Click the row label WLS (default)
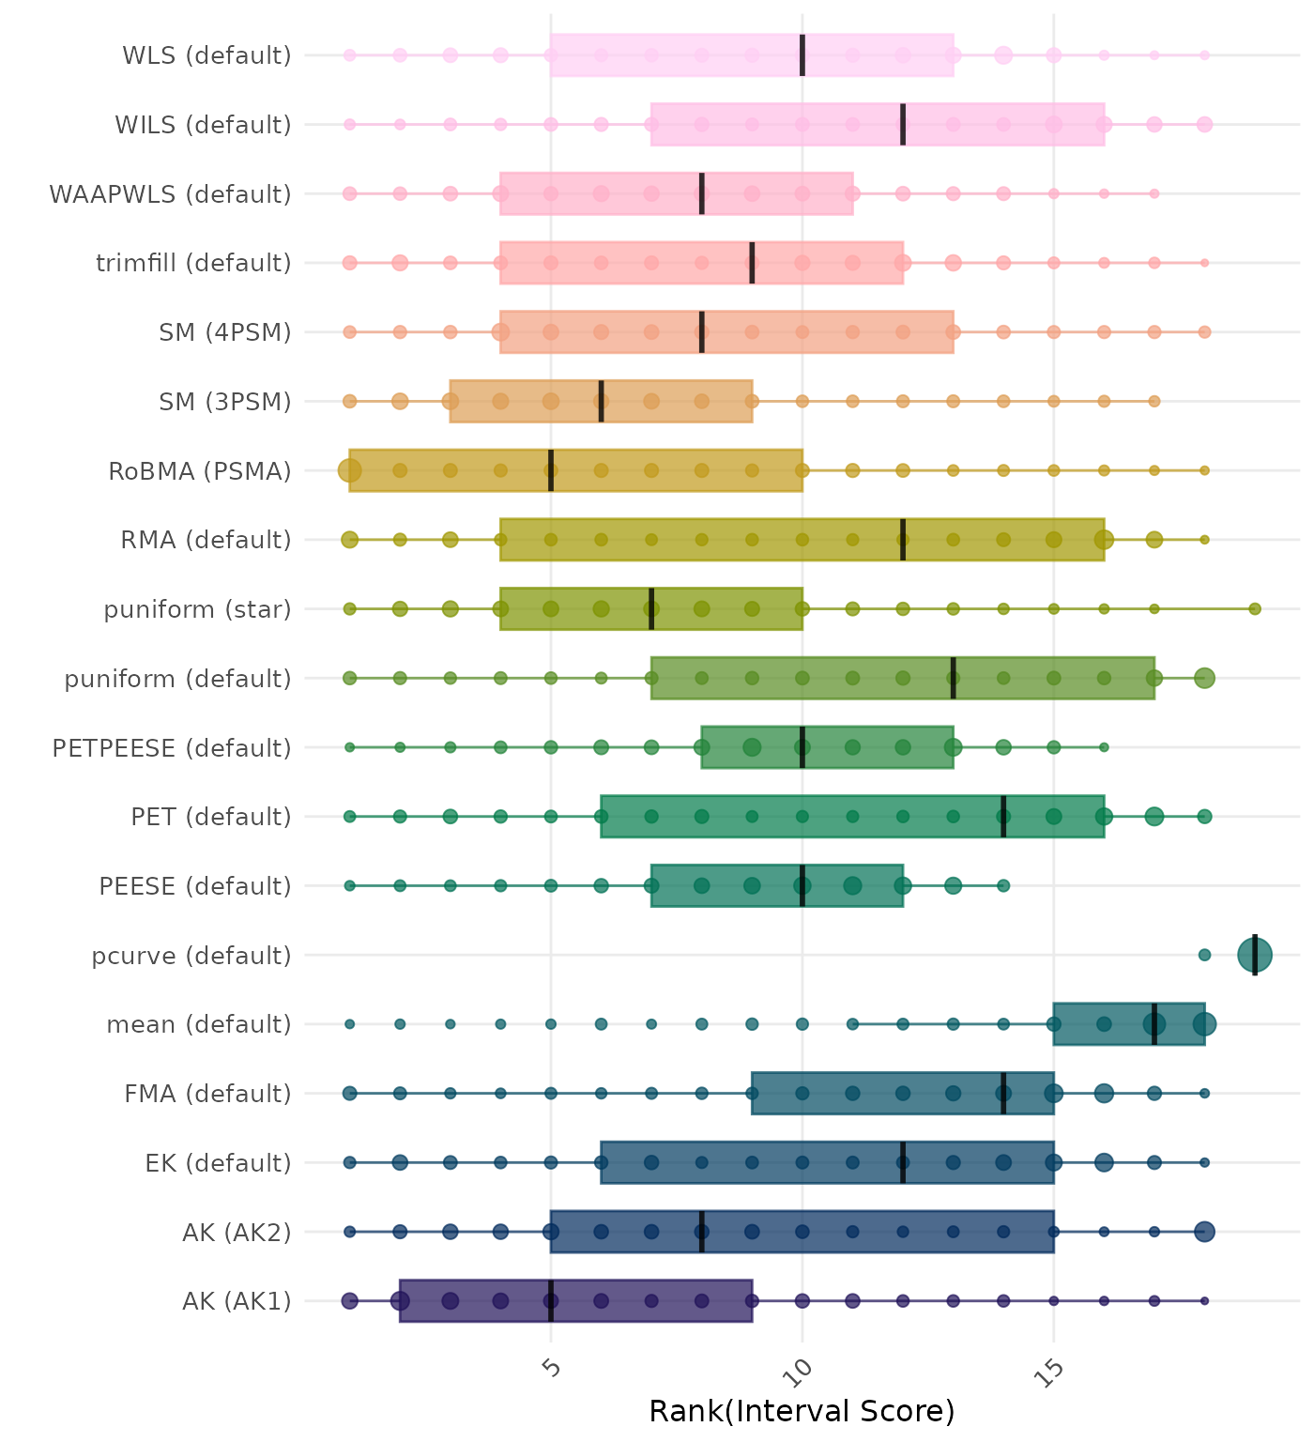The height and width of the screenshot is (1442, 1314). pyautogui.click(x=206, y=55)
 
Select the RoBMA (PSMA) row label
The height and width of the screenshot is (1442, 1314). pyautogui.click(x=200, y=471)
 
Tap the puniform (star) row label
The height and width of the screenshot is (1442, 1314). pyautogui.click(x=197, y=610)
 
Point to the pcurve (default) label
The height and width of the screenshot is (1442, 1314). pyautogui.click(x=191, y=956)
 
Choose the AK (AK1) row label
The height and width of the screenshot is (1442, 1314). pyautogui.click(x=237, y=1301)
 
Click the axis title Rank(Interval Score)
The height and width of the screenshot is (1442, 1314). pyautogui.click(x=802, y=1411)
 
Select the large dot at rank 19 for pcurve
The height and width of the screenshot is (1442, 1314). pyautogui.click(x=1255, y=956)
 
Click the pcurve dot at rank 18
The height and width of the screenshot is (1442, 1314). pyautogui.click(x=1204, y=956)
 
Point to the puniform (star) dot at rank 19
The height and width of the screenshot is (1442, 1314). pyautogui.click(x=1255, y=609)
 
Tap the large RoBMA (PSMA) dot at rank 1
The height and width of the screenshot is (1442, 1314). pyautogui.click(x=350, y=470)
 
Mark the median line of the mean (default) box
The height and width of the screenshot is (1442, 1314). pyautogui.click(x=1154, y=1024)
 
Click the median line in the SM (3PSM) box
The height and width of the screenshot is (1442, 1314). pyautogui.click(x=601, y=402)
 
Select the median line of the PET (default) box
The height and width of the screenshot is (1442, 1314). pyautogui.click(x=1003, y=817)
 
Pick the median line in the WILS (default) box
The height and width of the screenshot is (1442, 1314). pyautogui.click(x=903, y=124)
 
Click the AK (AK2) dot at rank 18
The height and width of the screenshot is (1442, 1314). pyautogui.click(x=1204, y=1232)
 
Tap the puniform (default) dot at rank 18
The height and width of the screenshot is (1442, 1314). pyautogui.click(x=1204, y=678)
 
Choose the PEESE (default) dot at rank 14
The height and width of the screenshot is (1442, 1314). pyautogui.click(x=1003, y=886)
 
